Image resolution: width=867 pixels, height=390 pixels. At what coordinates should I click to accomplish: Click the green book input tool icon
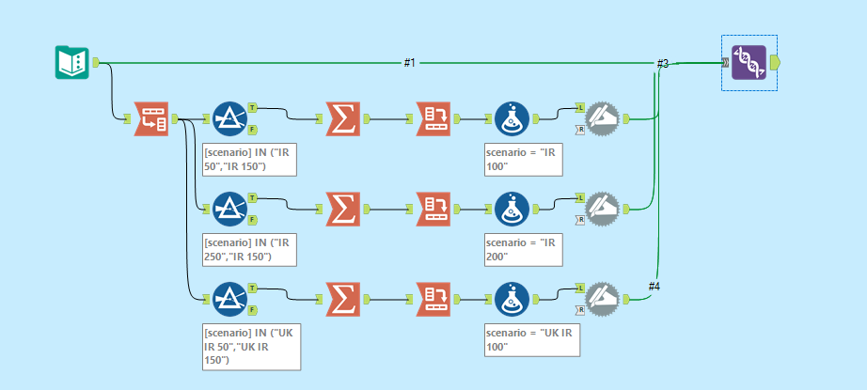(71, 63)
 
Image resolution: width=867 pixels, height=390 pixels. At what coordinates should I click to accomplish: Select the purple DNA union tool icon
(749, 63)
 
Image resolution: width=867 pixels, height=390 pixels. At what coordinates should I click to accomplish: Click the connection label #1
(410, 63)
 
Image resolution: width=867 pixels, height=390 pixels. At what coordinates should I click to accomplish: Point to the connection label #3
(662, 63)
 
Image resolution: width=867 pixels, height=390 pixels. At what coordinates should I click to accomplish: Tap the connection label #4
(655, 285)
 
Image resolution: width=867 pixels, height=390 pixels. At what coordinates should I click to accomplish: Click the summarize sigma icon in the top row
(343, 119)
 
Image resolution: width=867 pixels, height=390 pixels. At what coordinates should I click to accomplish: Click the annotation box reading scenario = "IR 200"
(524, 249)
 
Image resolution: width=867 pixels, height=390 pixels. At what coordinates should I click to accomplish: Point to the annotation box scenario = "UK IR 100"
(531, 340)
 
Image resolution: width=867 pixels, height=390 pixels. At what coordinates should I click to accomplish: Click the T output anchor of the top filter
(253, 107)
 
